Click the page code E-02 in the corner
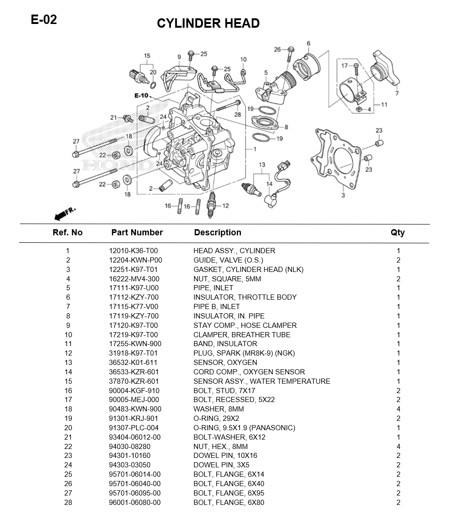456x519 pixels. click(x=44, y=20)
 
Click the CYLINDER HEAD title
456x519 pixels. click(x=208, y=23)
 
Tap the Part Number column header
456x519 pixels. click(x=137, y=232)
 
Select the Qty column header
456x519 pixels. click(x=397, y=232)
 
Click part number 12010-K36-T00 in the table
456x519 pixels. click(x=133, y=251)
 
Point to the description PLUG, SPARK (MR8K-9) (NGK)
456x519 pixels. click(x=244, y=353)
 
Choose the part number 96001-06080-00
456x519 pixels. click(x=135, y=503)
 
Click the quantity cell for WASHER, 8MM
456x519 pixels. click(x=398, y=409)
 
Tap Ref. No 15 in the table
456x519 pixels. click(x=68, y=381)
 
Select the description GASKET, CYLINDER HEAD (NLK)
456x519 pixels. click(x=248, y=270)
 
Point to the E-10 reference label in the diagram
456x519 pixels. click(x=141, y=95)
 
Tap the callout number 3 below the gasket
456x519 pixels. click(x=343, y=194)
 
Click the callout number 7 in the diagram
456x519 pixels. click(x=397, y=93)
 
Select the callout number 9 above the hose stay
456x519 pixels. click(x=179, y=57)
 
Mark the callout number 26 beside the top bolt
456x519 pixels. click(x=277, y=49)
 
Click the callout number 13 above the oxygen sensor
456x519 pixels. click(x=262, y=165)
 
